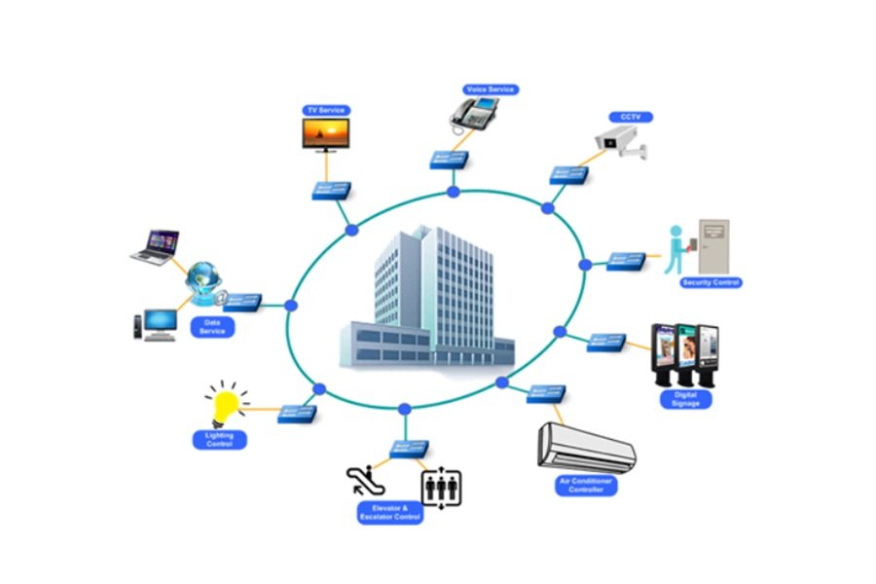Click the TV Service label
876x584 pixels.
(326, 110)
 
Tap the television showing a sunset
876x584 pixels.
(326, 134)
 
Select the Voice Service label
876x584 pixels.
(491, 90)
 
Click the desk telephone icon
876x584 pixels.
(474, 114)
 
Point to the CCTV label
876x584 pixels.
(631, 118)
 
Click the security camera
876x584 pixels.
(621, 142)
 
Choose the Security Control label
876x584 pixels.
(712, 283)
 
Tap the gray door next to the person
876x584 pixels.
(714, 246)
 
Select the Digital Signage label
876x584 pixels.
(685, 399)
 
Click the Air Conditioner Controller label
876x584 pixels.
(586, 486)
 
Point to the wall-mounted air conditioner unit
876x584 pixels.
(586, 448)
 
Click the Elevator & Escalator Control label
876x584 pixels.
(390, 513)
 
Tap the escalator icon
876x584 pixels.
(365, 481)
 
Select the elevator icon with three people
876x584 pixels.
(441, 488)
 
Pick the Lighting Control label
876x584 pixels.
(220, 440)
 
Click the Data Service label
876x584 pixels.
(212, 327)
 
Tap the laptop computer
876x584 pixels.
(156, 247)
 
